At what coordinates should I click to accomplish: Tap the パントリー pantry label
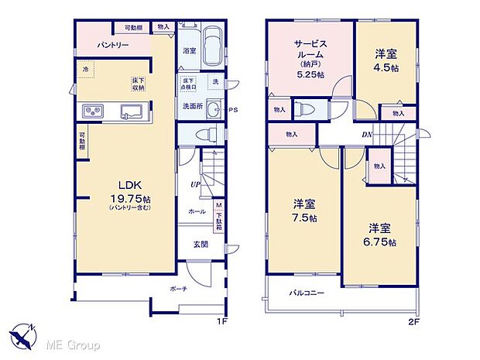(x=112, y=46)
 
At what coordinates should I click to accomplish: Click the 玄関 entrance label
(x=201, y=244)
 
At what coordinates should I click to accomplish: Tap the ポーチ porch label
(x=178, y=286)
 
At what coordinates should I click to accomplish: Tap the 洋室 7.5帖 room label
(x=303, y=211)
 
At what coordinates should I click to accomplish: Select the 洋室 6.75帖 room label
(x=380, y=235)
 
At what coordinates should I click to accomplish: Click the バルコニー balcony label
(x=307, y=293)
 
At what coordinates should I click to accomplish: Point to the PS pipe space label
(x=232, y=110)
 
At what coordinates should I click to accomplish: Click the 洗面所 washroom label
(x=193, y=106)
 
